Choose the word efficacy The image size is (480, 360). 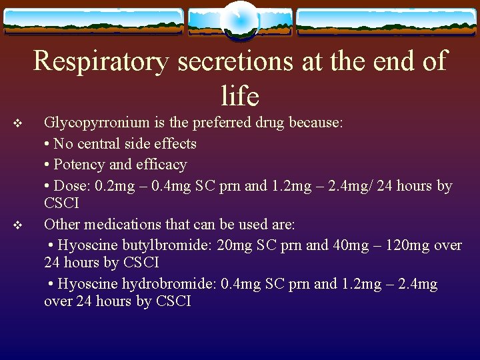click(162, 165)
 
